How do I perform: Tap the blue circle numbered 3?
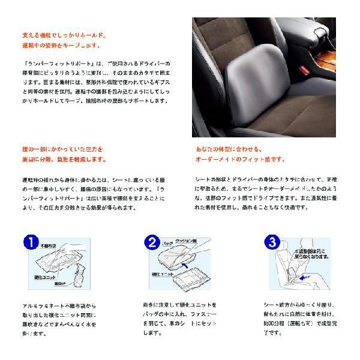274,243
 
